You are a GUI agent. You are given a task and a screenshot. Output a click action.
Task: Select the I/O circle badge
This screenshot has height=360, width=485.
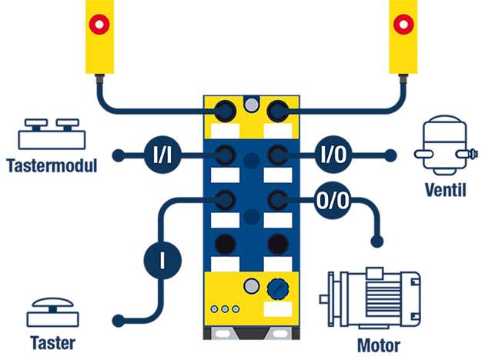pyautogui.click(x=333, y=155)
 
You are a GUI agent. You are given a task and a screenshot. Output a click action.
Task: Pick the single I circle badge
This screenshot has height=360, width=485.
pyautogui.click(x=162, y=258)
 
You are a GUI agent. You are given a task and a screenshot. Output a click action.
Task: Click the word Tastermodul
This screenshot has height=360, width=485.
pyautogui.click(x=52, y=165)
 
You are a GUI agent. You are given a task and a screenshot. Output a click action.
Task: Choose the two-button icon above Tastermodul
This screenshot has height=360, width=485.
pyautogui.click(x=52, y=135)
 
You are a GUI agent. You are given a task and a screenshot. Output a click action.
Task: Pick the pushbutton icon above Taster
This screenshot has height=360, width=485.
pyautogui.click(x=52, y=314)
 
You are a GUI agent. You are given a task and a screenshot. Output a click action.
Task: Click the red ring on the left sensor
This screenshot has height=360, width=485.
pyautogui.click(x=99, y=24)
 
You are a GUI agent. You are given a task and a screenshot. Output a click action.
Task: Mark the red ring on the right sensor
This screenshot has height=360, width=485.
pyautogui.click(x=401, y=24)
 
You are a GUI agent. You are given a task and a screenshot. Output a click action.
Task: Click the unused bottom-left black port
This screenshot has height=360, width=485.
pyautogui.click(x=225, y=245)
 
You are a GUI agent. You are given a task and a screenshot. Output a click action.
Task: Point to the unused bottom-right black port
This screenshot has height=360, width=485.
pyautogui.click(x=274, y=245)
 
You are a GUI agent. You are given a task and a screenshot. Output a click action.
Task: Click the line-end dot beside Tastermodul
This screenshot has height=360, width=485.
pyautogui.click(x=118, y=155)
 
